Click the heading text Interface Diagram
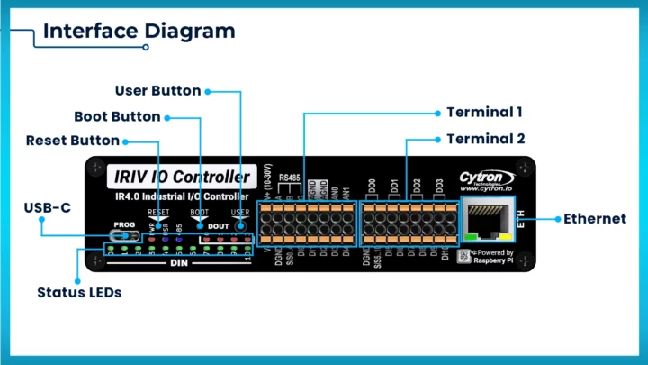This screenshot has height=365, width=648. [x=139, y=31]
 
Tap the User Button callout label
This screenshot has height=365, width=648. [x=158, y=90]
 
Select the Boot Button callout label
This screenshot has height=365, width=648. [x=117, y=116]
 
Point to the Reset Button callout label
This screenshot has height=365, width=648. [x=72, y=141]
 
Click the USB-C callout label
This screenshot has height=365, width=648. [x=47, y=208]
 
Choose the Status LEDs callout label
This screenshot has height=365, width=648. [x=79, y=293]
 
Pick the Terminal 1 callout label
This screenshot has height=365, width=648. [x=484, y=113]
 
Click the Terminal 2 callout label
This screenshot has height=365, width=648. [x=486, y=139]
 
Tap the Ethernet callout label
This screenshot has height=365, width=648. [x=595, y=219]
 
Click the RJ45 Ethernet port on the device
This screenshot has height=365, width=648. [x=487, y=220]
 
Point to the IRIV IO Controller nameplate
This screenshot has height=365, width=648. [x=179, y=176]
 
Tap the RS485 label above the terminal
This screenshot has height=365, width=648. [x=290, y=178]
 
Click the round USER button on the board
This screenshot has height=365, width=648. [x=240, y=225]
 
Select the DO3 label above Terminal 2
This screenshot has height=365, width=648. [x=438, y=186]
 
